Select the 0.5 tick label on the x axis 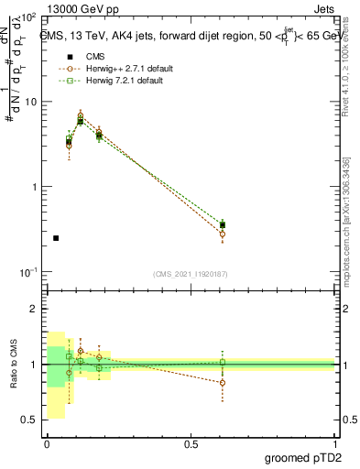coord(191,444)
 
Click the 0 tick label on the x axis coord(46,444)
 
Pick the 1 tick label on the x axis coord(335,444)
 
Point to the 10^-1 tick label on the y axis coord(27,271)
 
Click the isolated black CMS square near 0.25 coord(56,238)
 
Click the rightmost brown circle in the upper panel coord(223,234)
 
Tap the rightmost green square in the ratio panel coord(223,363)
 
